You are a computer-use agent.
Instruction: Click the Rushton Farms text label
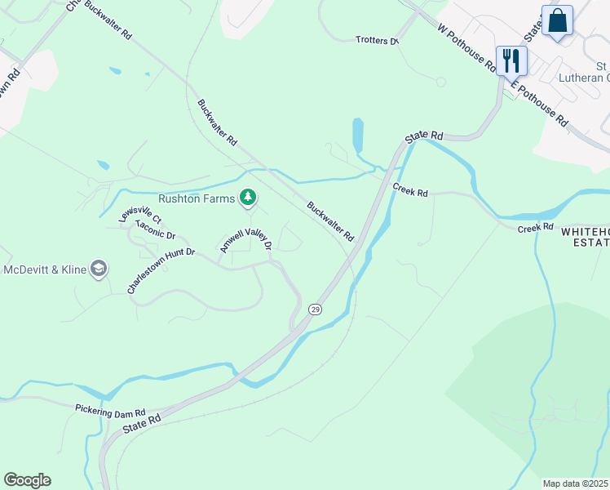[x=196, y=198]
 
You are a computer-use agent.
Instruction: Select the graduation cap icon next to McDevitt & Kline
[x=99, y=269]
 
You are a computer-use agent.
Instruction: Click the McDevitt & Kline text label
[x=44, y=269]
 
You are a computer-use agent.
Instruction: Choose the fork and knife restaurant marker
[x=511, y=60]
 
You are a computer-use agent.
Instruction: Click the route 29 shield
[x=314, y=310]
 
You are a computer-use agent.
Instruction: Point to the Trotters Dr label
[x=377, y=40]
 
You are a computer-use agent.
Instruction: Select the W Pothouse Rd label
[x=467, y=48]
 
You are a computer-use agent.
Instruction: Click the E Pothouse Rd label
[x=539, y=101]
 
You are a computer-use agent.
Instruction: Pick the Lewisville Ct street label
[x=140, y=215]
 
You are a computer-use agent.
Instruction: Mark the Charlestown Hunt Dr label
[x=161, y=270]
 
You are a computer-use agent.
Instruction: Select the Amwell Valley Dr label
[x=245, y=240]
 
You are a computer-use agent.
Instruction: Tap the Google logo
[x=27, y=480]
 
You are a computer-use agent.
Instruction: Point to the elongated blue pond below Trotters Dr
[x=358, y=135]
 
